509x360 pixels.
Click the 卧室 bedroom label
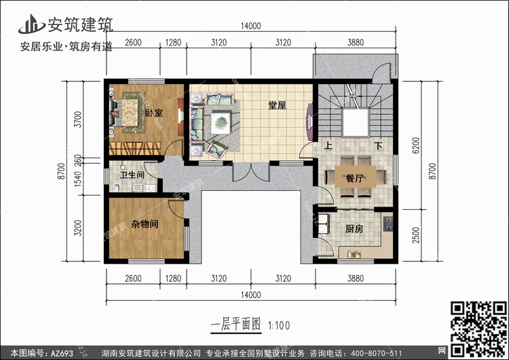tap(154, 113)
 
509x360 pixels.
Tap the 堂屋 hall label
tap(277, 105)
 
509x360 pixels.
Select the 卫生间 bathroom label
tap(132, 175)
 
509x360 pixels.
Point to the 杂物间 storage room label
tap(145, 224)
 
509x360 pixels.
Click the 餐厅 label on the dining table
tap(354, 178)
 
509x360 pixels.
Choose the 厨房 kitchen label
tap(354, 229)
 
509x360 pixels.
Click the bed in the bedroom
tap(126, 113)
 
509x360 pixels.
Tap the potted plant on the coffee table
tap(221, 122)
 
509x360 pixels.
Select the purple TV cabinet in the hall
tap(310, 122)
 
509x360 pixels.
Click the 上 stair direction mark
tap(328, 145)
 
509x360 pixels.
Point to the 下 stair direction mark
tap(378, 146)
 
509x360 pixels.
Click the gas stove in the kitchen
tap(388, 223)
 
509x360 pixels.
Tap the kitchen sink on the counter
tap(354, 254)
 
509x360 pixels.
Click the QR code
tap(478, 329)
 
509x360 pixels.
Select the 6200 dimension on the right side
tap(416, 145)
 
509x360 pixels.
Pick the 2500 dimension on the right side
tap(416, 235)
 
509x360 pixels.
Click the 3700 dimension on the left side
tap(78, 120)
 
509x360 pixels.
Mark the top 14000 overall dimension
tap(250, 26)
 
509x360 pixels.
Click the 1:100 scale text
tap(279, 325)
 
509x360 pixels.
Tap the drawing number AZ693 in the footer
tap(62, 353)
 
